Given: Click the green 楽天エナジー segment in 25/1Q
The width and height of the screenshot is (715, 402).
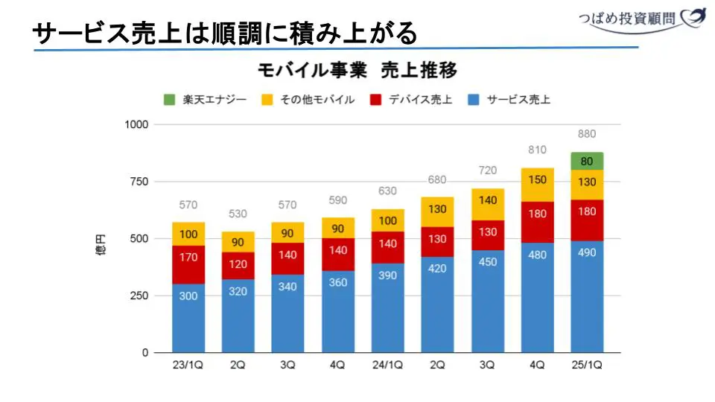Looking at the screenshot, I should coord(587,161).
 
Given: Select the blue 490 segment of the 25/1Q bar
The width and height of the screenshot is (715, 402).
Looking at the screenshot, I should coord(587,296).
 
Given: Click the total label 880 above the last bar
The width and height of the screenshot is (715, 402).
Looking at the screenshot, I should coord(587,134).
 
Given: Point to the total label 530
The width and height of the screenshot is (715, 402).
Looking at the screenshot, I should coord(238,214).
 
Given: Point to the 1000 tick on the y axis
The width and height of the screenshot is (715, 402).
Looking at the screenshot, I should coord(137,125).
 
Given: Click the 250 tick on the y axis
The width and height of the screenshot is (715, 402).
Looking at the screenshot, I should coord(140,296).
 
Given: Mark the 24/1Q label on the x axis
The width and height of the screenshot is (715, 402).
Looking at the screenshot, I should coord(387,365).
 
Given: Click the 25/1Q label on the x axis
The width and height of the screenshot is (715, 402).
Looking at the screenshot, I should coord(587,365).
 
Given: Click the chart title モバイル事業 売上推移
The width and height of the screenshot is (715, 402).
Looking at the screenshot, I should coord(357,71).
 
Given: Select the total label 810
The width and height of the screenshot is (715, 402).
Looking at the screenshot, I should coord(537,150).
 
